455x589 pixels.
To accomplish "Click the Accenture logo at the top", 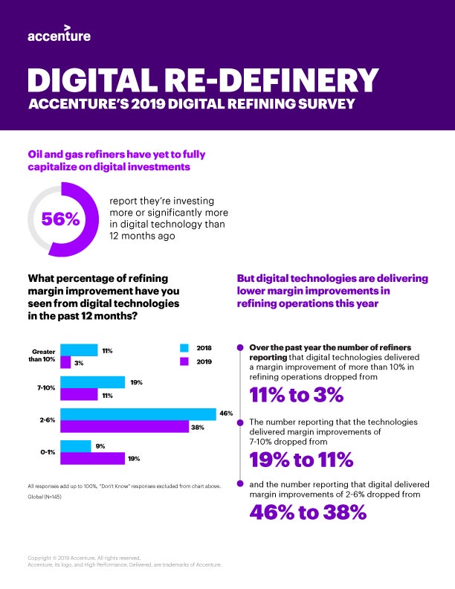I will coord(59,35).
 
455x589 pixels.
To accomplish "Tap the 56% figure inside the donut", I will coord(61,219).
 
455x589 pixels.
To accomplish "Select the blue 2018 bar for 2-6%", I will coord(138,415).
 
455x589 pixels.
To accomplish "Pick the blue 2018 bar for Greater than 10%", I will coord(79,350).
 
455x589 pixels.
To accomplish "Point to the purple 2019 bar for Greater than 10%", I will coord(65,362).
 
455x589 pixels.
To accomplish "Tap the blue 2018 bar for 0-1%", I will coord(74,447).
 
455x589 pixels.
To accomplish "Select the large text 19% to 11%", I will coord(301,460).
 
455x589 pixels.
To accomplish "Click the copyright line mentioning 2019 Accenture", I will coord(78,557).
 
